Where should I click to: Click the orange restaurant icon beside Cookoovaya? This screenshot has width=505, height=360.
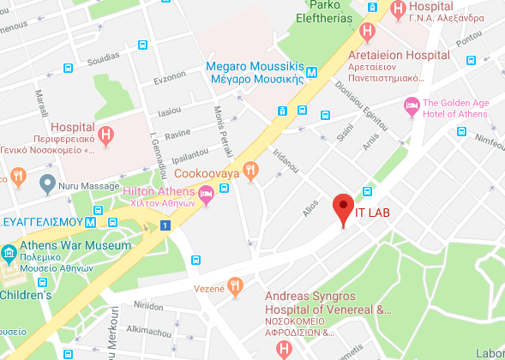250,170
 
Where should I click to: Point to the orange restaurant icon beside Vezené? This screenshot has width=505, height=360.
235,287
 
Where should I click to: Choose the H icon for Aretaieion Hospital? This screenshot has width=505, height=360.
368,33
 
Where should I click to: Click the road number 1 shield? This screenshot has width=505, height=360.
165,225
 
